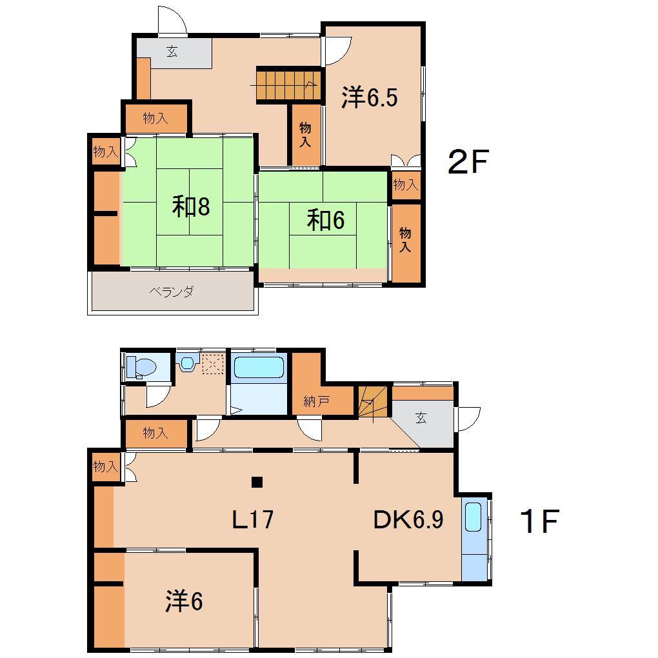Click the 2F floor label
click(468, 161)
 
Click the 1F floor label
click(539, 521)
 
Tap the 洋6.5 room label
click(369, 97)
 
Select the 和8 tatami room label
click(191, 206)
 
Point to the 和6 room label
click(326, 219)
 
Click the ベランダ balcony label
click(172, 291)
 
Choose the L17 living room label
click(253, 519)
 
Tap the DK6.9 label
click(408, 519)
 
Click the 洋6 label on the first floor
click(184, 601)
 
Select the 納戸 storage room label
click(316, 402)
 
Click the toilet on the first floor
click(141, 367)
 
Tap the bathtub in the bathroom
click(259, 367)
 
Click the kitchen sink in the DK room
click(473, 517)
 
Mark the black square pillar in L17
click(257, 482)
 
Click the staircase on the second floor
click(288, 85)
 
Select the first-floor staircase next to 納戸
click(373, 401)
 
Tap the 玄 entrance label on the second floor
click(172, 51)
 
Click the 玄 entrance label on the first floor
click(421, 417)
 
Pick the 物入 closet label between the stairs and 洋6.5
click(305, 134)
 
